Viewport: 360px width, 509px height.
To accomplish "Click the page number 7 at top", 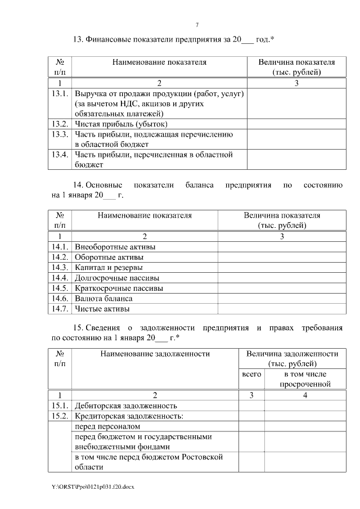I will (197, 25).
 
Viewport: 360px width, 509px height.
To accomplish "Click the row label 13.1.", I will (60, 93).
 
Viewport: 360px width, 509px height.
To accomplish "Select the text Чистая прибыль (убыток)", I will (121, 124).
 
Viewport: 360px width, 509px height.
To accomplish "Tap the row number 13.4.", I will (60, 155).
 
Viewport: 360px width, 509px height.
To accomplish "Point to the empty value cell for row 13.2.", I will (296, 124).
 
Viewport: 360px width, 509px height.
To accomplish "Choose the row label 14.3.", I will (60, 268).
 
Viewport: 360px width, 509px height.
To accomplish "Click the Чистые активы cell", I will (102, 309).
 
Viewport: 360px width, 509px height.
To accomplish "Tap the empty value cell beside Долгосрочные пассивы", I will (281, 278).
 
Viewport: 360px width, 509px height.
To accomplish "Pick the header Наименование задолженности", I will (155, 354).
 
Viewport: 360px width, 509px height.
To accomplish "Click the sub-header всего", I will (251, 374).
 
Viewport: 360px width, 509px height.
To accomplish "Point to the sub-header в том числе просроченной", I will (305, 379).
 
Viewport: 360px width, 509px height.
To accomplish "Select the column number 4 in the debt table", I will (305, 395).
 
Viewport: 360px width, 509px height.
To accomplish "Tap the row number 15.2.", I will (60, 416).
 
